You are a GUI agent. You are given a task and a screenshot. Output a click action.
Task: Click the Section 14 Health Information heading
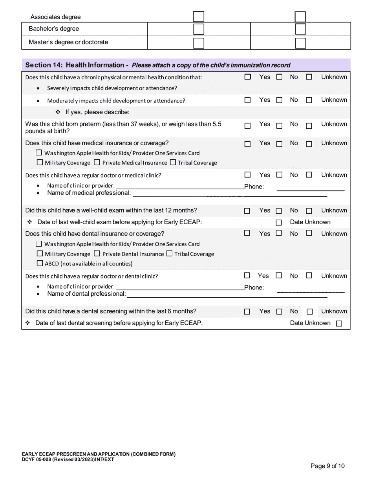pyautogui.click(x=157, y=65)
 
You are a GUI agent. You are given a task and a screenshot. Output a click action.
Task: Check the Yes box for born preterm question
pyautogui.click(x=247, y=126)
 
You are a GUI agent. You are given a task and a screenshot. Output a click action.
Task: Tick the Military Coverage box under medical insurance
pyautogui.click(x=40, y=162)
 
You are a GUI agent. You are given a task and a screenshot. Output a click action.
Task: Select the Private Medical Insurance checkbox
pyautogui.click(x=97, y=162)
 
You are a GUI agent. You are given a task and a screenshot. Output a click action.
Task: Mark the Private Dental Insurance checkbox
pyautogui.click(x=97, y=254)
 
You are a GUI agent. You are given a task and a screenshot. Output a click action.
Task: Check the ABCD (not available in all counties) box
pyautogui.click(x=40, y=263)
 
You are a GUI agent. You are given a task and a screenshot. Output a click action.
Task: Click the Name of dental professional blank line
pyautogui.click(x=227, y=294)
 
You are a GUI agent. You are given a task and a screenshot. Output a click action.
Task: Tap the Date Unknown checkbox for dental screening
pyautogui.click(x=339, y=324)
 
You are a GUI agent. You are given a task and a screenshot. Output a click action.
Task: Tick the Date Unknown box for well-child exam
pyautogui.click(x=279, y=223)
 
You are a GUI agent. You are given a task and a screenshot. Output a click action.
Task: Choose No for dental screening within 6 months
pyautogui.click(x=279, y=312)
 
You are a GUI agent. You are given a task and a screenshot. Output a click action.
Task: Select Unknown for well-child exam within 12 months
pyautogui.click(x=309, y=211)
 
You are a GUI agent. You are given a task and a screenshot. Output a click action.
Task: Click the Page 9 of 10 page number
pyautogui.click(x=327, y=466)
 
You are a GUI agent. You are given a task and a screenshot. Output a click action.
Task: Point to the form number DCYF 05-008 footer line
pyautogui.click(x=68, y=459)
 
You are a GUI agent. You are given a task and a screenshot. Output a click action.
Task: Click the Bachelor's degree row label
pyautogui.click(x=54, y=29)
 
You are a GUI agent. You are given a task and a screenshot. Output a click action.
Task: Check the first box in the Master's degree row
pyautogui.click(x=199, y=43)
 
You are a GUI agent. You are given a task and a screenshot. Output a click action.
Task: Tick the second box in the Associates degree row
pyautogui.click(x=300, y=17)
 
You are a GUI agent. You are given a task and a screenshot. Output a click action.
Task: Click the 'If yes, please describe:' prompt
pyautogui.click(x=97, y=112)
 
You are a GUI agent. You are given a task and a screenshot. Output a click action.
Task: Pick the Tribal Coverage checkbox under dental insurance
pyautogui.click(x=169, y=254)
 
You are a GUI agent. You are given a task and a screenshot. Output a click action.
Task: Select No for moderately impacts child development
pyautogui.click(x=279, y=100)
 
